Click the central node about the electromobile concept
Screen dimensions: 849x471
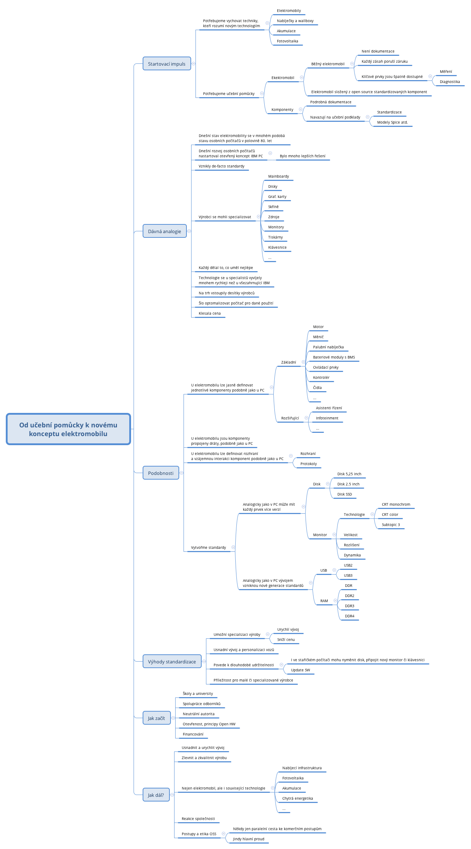click(x=68, y=429)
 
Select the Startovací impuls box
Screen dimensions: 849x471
click(x=167, y=64)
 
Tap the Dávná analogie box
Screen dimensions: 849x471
click(x=164, y=231)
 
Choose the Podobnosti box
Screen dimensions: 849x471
click(x=161, y=473)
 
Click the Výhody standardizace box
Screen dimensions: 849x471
click(x=172, y=662)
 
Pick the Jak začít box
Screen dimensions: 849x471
click(x=156, y=718)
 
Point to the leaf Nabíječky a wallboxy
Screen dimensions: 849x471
click(x=295, y=21)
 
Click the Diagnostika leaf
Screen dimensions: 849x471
click(x=450, y=82)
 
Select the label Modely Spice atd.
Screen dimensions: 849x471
click(x=392, y=123)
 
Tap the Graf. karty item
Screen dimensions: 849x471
click(x=277, y=197)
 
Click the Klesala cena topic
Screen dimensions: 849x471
click(x=210, y=314)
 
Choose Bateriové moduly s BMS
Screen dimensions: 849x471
click(x=334, y=357)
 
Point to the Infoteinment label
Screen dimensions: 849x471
click(x=327, y=418)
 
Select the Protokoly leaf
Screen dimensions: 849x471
click(x=308, y=464)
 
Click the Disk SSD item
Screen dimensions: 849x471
click(x=345, y=494)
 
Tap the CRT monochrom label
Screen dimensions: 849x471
click(x=396, y=505)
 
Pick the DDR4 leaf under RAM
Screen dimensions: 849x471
click(x=350, y=616)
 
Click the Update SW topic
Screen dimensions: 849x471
click(x=300, y=670)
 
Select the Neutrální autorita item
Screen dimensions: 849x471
click(x=198, y=714)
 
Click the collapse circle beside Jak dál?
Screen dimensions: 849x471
click(x=172, y=795)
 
